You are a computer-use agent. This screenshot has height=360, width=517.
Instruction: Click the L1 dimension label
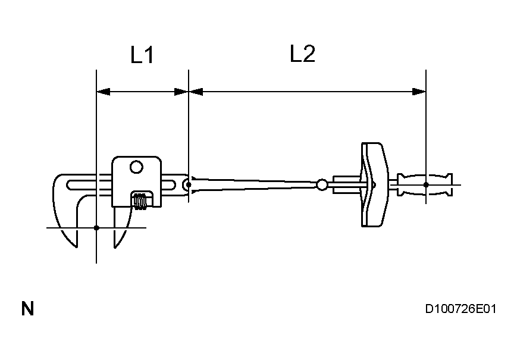click(142, 56)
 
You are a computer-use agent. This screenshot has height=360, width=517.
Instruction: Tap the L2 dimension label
click(302, 54)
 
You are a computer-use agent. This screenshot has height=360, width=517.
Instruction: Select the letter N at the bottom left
click(27, 309)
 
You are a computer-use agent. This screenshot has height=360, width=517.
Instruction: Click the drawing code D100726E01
click(460, 309)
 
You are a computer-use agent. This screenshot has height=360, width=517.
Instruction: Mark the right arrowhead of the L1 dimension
click(181, 92)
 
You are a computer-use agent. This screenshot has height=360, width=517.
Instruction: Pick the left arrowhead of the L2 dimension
click(196, 92)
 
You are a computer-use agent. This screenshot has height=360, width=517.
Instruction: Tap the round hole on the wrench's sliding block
click(136, 168)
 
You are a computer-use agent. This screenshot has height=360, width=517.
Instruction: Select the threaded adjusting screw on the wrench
click(141, 201)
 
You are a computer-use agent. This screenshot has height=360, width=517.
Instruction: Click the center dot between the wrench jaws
click(96, 227)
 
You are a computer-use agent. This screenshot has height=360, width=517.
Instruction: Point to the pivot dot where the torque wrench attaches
click(189, 184)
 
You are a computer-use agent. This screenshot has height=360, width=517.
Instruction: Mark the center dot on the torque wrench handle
click(426, 184)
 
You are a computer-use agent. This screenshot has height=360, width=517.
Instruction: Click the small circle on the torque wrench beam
click(322, 185)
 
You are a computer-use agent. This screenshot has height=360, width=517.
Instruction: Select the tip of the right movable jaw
click(115, 246)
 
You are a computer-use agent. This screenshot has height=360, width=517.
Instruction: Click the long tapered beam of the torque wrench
click(256, 184)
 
